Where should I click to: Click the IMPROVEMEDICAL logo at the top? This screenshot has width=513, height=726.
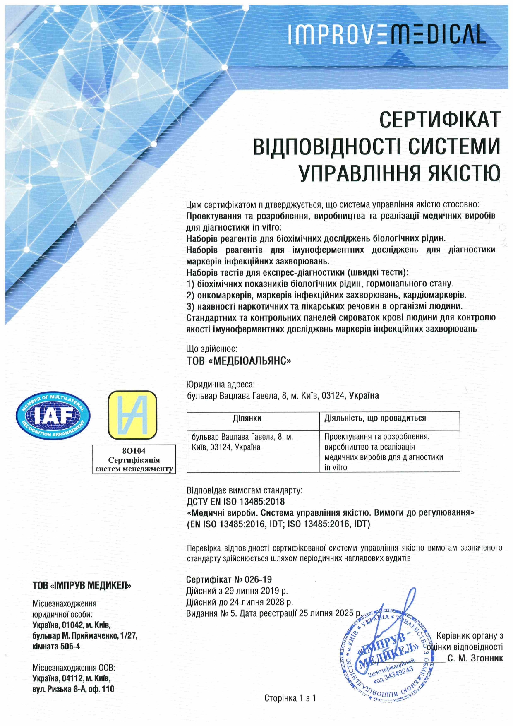click(386, 34)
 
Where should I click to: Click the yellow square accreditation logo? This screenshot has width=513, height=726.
click(132, 415)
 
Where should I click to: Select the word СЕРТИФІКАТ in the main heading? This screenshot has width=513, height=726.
click(440, 120)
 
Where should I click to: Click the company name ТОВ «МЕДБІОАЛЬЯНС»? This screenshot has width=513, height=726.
click(239, 361)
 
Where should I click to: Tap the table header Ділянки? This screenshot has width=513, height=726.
click(247, 418)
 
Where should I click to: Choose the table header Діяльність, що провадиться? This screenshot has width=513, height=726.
click(375, 418)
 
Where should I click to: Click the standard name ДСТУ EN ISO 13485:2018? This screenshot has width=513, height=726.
click(236, 502)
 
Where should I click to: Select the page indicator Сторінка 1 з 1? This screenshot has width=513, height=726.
click(290, 698)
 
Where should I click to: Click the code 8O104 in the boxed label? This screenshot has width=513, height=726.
click(134, 451)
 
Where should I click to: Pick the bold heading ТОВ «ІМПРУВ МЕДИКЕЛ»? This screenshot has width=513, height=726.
click(82, 586)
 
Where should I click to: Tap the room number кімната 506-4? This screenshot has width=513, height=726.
click(56, 646)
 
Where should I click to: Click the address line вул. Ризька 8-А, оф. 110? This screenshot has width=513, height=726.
click(73, 689)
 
